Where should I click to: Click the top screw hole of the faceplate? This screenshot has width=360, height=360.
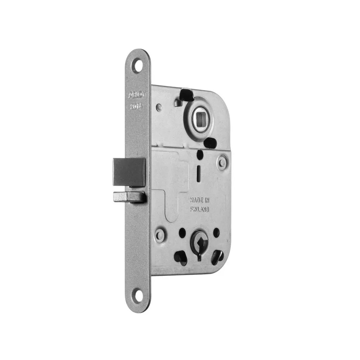(x=137, y=67)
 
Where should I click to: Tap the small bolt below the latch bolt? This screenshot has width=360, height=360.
(x=129, y=197)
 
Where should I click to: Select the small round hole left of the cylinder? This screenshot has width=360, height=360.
(x=182, y=232)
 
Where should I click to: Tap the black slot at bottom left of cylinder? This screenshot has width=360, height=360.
(x=180, y=256)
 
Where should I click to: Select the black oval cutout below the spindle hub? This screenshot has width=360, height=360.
(x=209, y=143)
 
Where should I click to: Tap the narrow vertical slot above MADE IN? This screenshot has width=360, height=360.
(x=198, y=174)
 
